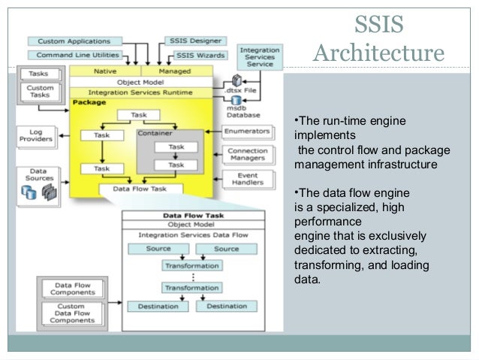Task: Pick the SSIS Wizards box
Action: tap(200, 56)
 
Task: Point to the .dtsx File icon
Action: tap(239, 80)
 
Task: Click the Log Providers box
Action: tap(35, 137)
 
